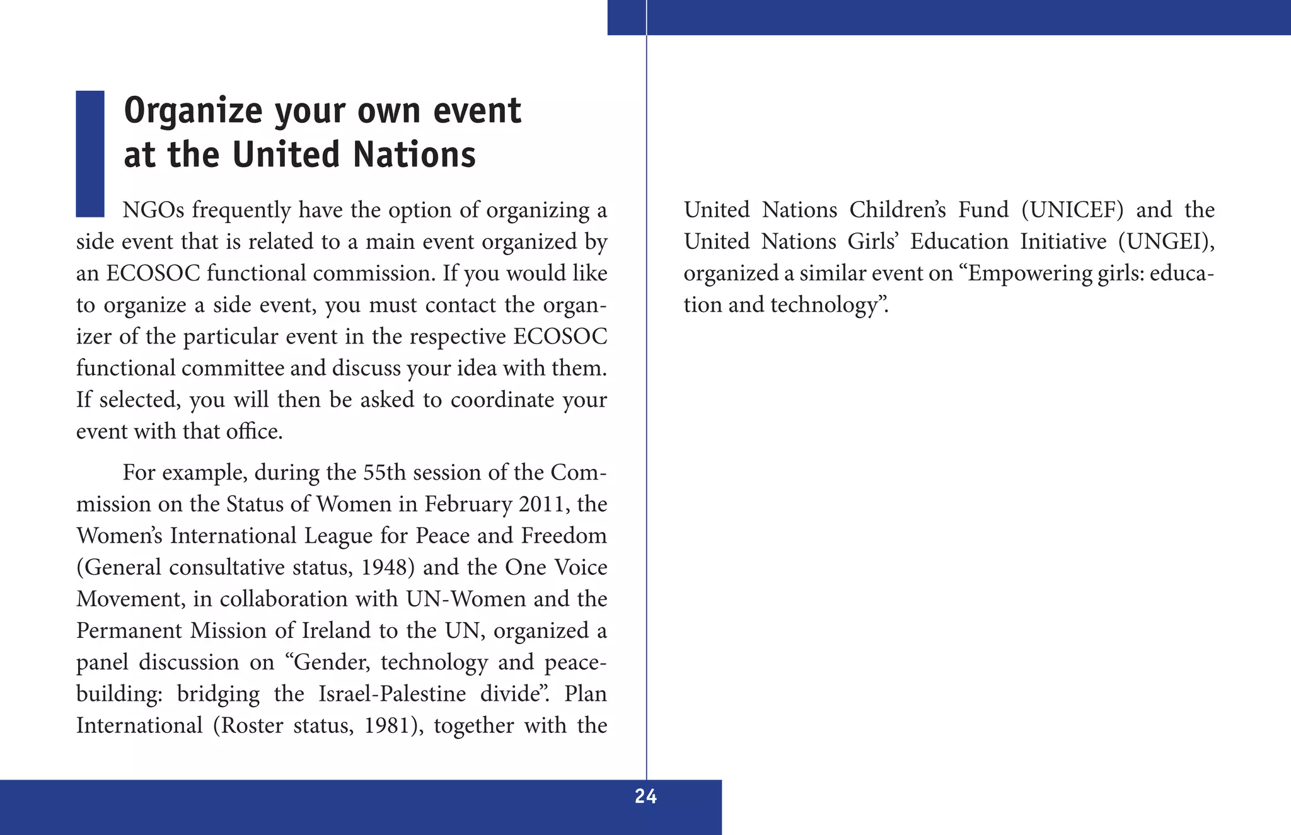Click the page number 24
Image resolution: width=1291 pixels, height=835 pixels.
[645, 797]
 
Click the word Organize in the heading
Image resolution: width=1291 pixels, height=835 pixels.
[192, 111]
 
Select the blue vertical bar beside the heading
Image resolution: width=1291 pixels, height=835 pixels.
[90, 154]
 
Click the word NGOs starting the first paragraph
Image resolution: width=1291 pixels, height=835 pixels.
[153, 210]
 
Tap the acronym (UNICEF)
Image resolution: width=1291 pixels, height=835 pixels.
[1072, 210]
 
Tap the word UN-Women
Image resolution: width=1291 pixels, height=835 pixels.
[466, 599]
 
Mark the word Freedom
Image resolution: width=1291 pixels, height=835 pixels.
[564, 536]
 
